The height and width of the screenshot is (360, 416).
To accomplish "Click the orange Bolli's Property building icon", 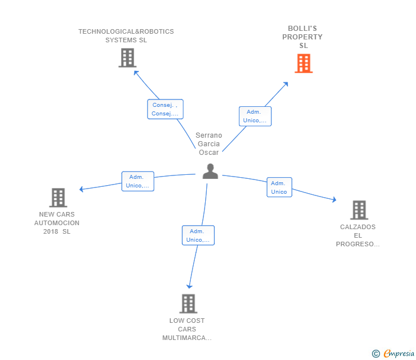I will [x=303, y=63].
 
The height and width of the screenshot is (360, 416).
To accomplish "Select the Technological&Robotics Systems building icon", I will [x=127, y=58].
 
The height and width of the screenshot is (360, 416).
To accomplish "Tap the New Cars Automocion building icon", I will [x=58, y=198].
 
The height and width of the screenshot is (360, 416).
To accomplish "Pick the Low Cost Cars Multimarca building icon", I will [x=188, y=303].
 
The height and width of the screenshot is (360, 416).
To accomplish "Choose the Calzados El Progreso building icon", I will [x=358, y=210].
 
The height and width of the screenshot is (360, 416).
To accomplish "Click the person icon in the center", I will [x=210, y=171].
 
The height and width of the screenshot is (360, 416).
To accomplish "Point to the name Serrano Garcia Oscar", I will [x=209, y=144].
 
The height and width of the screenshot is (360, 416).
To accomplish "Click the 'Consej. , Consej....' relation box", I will [x=165, y=109].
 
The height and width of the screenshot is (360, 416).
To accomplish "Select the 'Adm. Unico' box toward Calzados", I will [x=279, y=187].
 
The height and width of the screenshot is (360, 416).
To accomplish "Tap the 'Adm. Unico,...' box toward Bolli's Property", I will [x=255, y=116].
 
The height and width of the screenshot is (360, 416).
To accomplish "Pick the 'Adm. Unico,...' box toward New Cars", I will [x=138, y=181].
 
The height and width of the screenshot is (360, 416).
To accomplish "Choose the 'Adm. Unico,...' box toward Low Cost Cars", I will [x=198, y=235].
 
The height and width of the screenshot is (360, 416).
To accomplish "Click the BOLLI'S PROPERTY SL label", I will [x=302, y=37].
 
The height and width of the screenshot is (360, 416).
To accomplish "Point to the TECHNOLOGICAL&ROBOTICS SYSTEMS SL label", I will [x=126, y=36].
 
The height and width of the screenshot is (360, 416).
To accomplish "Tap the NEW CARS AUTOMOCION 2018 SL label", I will [x=57, y=223].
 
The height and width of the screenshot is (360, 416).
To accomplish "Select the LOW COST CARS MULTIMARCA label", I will [x=187, y=329].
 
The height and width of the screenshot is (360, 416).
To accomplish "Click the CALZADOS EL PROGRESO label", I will [x=358, y=235].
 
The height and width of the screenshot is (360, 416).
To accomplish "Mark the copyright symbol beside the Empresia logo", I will [x=375, y=354].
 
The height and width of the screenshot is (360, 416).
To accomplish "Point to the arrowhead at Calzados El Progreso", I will [x=334, y=200].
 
